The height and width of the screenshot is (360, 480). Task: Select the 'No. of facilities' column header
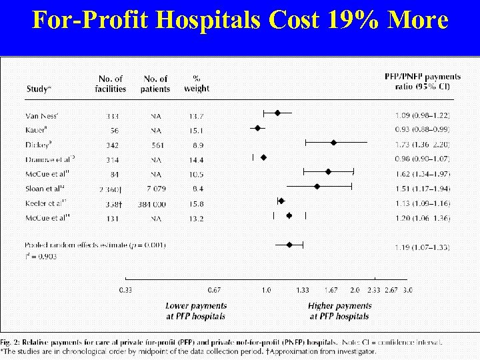click(110, 83)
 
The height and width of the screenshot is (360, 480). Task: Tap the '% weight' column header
click(196, 83)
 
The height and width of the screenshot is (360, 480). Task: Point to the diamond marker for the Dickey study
click(333, 143)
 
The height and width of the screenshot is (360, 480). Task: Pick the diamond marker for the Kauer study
click(257, 128)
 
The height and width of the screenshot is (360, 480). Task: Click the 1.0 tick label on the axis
click(266, 290)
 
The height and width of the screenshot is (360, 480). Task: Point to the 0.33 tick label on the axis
click(125, 290)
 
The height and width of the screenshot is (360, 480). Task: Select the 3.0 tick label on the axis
click(407, 290)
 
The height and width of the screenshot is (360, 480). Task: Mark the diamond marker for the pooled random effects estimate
click(289, 245)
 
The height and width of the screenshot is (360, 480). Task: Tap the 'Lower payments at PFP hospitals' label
click(195, 311)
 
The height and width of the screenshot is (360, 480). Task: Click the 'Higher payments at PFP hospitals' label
click(339, 311)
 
